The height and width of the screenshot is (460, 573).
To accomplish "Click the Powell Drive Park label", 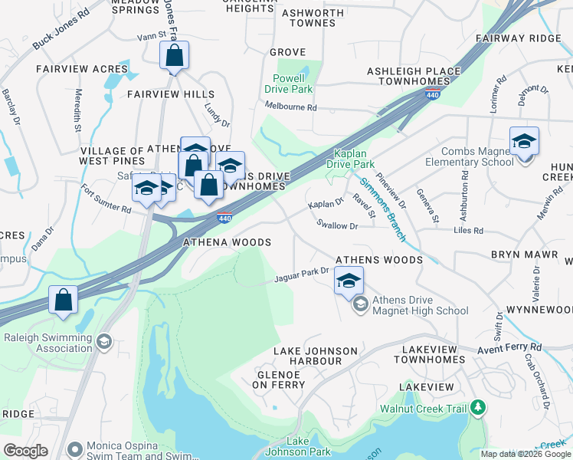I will pos(289,84).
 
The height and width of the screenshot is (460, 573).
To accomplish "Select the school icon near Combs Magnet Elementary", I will pos(524,143).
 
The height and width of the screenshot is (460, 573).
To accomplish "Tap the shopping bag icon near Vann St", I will pos(175,56).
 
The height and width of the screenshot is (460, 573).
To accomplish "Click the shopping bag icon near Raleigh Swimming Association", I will pos(63,301).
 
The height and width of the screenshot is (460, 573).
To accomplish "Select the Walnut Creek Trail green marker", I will pos(478,406).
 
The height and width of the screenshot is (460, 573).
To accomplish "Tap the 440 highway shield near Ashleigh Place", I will pos(432,94).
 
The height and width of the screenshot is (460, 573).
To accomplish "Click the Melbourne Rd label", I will pos(290,108).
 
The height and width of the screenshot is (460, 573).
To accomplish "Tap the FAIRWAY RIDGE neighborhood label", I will pos(518,38).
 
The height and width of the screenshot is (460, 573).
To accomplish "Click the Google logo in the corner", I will pos(25,451).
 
